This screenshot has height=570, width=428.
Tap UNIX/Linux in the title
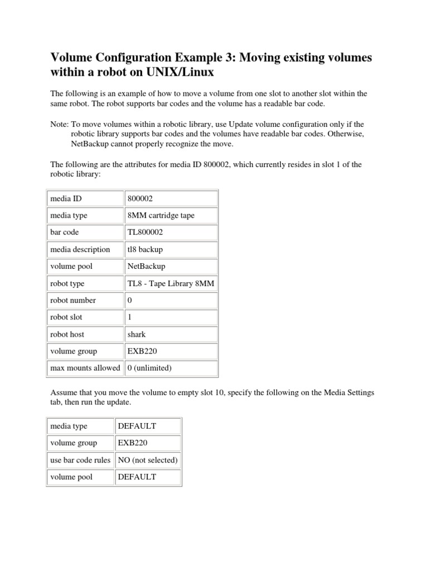pos(186,72)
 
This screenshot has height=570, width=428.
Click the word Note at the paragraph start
pos(59,124)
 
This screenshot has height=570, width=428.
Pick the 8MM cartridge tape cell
pos(161,215)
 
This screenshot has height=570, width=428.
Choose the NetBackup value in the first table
pos(147,266)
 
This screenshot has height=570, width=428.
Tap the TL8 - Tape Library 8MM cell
pos(171,283)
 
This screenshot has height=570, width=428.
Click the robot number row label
pos(73,300)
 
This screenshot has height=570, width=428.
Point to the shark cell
pos(137,334)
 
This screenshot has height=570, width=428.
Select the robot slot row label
pos(68,317)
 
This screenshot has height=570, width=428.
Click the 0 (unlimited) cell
pos(149,368)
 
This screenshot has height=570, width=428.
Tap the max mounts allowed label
pos(85,368)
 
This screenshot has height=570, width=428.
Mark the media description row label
pos(80,249)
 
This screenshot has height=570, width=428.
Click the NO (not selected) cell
pos(147,460)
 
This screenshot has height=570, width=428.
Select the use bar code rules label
pos(80,460)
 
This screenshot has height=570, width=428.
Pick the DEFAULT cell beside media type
pos(137,426)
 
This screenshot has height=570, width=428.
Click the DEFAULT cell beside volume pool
pos(137,477)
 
